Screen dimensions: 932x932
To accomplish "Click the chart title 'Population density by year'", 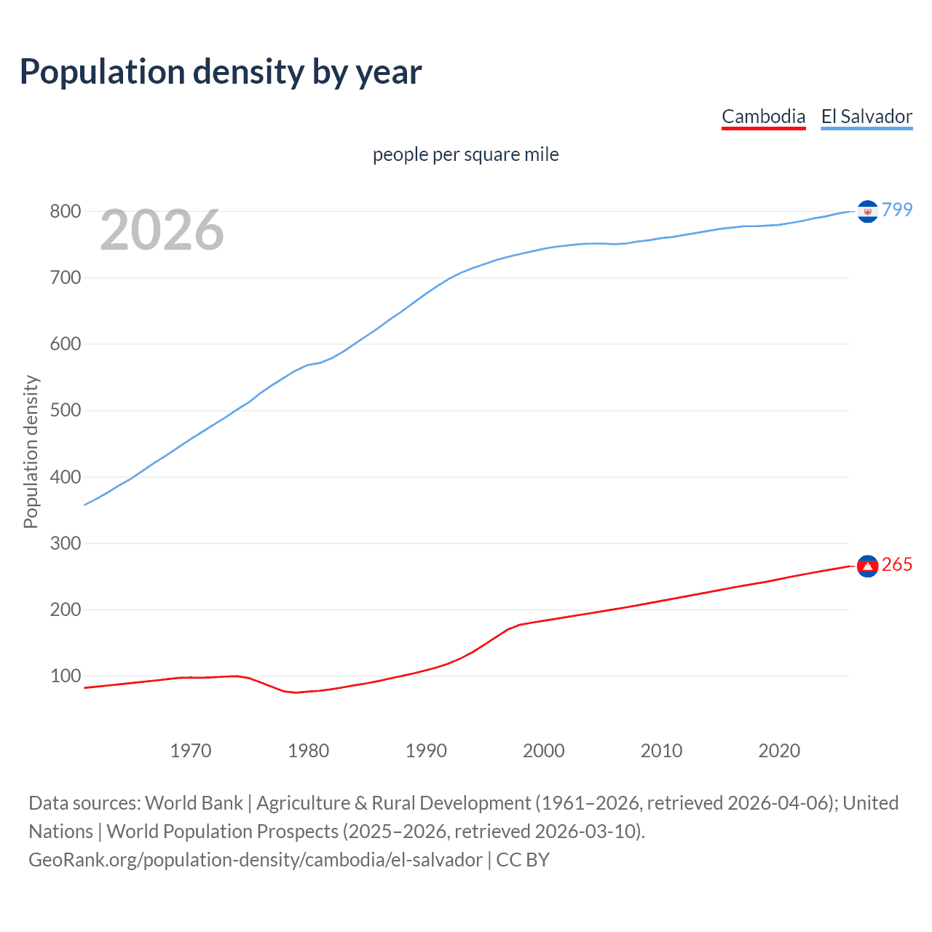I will pyautogui.click(x=221, y=72).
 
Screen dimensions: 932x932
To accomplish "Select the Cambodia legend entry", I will pyautogui.click(x=763, y=116).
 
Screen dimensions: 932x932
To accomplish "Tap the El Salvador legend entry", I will pyautogui.click(x=866, y=116).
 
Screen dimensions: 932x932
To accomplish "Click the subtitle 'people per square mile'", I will pyautogui.click(x=465, y=155).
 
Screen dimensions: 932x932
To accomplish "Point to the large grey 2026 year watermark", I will pyautogui.click(x=162, y=230).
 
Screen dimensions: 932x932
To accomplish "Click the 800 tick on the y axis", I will pyautogui.click(x=65, y=212).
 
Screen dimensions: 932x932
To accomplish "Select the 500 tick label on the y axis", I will pyautogui.click(x=65, y=411).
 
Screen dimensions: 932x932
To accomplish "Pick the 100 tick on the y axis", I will pyautogui.click(x=65, y=676).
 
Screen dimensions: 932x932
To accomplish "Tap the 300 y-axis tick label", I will pyautogui.click(x=65, y=544).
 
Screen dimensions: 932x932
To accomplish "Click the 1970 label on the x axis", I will pyautogui.click(x=191, y=751).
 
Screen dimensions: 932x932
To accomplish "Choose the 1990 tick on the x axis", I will pyautogui.click(x=426, y=751).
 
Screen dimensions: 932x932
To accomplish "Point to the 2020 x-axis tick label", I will pyautogui.click(x=779, y=751).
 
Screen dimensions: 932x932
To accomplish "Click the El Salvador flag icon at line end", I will pyautogui.click(x=867, y=211).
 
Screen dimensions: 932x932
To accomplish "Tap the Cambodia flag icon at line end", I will pyautogui.click(x=867, y=566).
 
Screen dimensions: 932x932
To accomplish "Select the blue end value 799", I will pyautogui.click(x=897, y=210).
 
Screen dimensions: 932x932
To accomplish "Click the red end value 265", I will pyautogui.click(x=897, y=565).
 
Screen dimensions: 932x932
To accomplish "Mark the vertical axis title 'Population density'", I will pyautogui.click(x=31, y=451).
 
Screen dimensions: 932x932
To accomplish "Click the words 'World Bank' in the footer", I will pyautogui.click(x=194, y=803).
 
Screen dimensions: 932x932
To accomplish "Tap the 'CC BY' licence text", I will pyautogui.click(x=523, y=860).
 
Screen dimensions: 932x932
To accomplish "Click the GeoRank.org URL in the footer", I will pyautogui.click(x=255, y=860).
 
